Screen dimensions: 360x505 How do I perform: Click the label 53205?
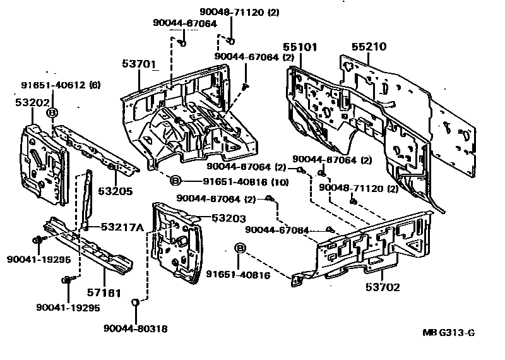(x=115, y=191)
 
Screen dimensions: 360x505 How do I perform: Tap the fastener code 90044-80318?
(x=136, y=328)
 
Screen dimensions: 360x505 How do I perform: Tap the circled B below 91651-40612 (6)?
(x=53, y=112)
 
